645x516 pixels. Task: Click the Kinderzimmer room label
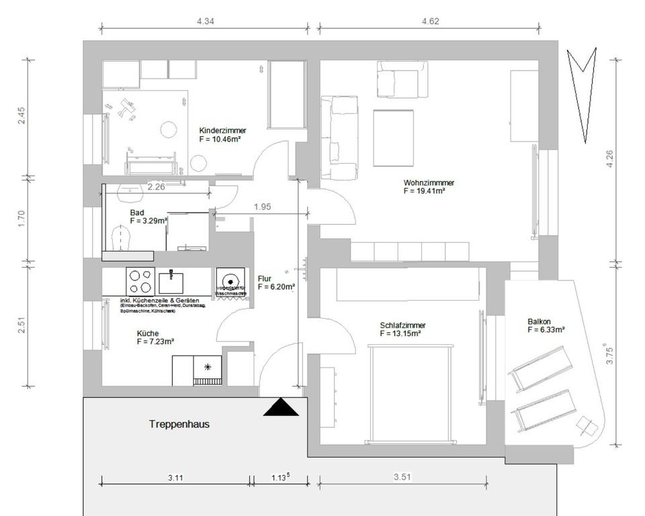click(222, 130)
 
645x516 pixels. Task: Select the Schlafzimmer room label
click(402, 325)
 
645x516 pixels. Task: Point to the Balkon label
click(539, 321)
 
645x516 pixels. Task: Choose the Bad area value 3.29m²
click(148, 220)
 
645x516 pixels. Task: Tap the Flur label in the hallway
click(265, 278)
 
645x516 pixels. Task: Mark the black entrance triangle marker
click(281, 407)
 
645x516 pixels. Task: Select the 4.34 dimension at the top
click(205, 21)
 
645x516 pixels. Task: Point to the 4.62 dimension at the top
click(429, 21)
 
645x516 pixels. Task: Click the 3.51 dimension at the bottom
click(402, 478)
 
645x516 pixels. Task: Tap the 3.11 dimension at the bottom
click(176, 478)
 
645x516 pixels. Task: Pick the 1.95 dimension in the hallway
click(262, 207)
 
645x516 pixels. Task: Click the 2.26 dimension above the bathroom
click(156, 187)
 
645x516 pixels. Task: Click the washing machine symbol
click(232, 282)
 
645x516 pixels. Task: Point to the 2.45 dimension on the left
click(21, 117)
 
